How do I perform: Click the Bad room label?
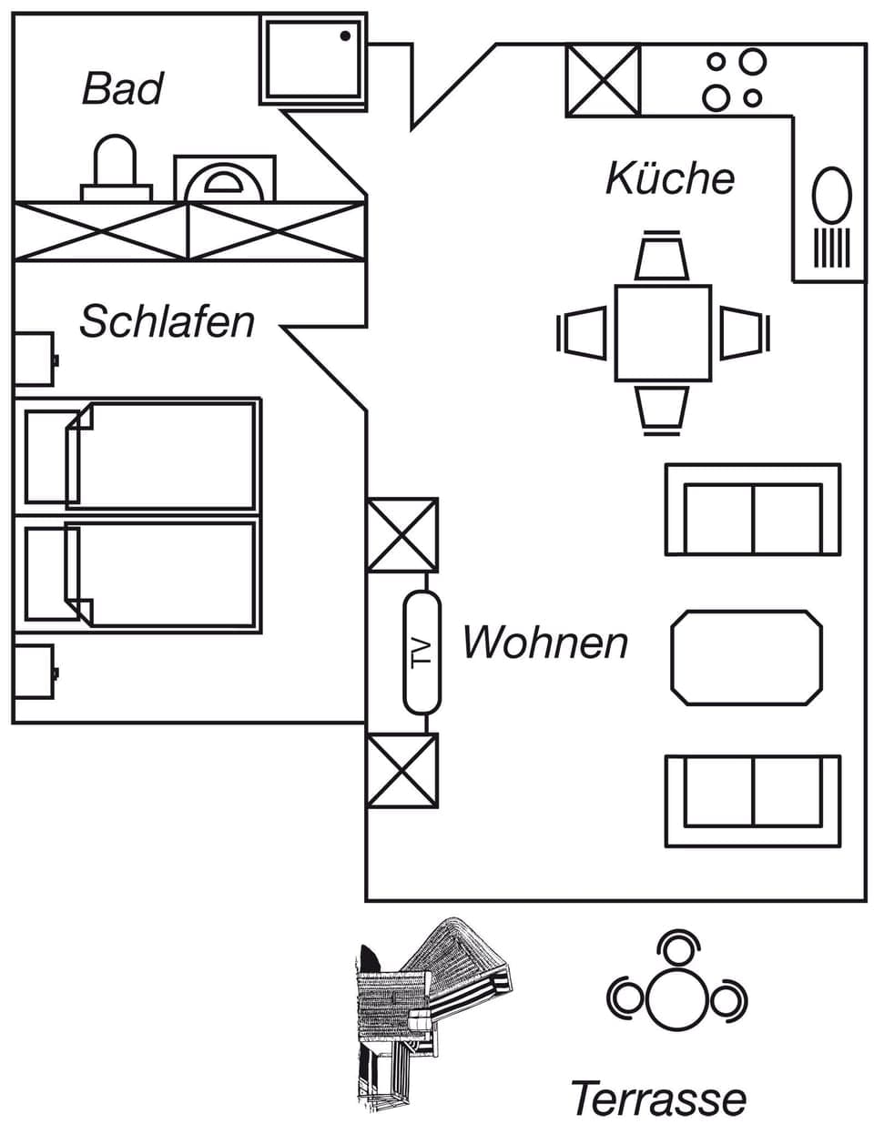tap(123, 89)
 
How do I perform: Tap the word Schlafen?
tap(167, 321)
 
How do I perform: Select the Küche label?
tap(670, 177)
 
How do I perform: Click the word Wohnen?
tap(544, 643)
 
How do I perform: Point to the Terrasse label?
tap(657, 1098)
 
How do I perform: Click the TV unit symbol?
tap(422, 652)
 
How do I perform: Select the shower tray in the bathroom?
tap(313, 61)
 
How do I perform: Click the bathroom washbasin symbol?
tap(224, 180)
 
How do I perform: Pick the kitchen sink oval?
tap(831, 195)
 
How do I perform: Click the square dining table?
tap(663, 333)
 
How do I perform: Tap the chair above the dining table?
tap(662, 258)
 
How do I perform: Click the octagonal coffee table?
tap(747, 657)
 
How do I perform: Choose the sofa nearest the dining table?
tap(752, 510)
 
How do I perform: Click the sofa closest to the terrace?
tap(752, 801)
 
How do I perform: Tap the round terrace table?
tap(677, 997)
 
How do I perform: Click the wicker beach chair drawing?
tap(428, 1010)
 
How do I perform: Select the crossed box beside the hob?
tap(603, 80)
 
